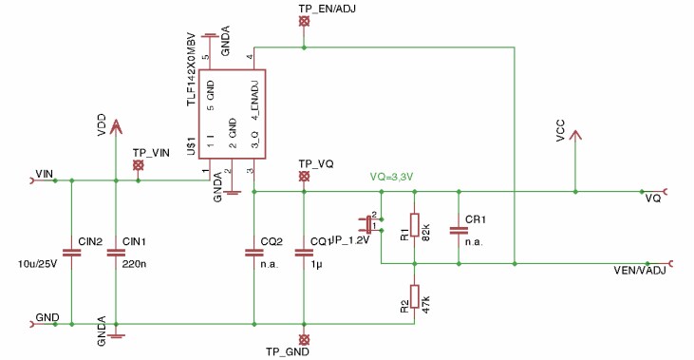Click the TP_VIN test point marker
pos(139,165)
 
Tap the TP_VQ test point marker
pos(304,177)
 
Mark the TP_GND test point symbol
pos(304,339)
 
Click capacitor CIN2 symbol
pos(71,253)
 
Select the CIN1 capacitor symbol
pos(116,253)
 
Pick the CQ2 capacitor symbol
pos(253,253)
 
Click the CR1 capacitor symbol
pos(459,229)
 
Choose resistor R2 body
pos(414,296)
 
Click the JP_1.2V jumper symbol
pos(368,224)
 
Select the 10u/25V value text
pos(39,264)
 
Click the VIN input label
pos(44,173)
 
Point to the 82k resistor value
pos(427,232)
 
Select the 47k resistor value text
pos(427,303)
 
